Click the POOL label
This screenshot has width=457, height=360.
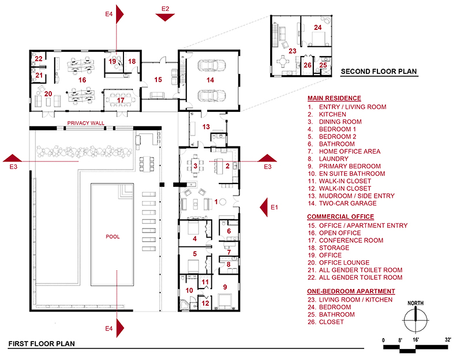click(x=113, y=237)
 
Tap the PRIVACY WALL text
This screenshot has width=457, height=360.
click(x=85, y=123)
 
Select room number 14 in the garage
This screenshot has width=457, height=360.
click(x=211, y=80)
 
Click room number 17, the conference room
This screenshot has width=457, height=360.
click(x=121, y=100)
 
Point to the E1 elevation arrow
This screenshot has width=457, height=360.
click(x=264, y=207)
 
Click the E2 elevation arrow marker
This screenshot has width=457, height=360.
click(x=165, y=17)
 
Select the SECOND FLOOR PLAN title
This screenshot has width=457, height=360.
click(x=379, y=72)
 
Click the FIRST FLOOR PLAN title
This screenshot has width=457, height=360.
click(x=42, y=344)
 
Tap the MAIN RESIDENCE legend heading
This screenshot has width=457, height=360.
click(x=334, y=98)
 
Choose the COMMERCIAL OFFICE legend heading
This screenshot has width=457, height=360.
click(x=340, y=216)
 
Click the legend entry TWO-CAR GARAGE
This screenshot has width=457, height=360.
click(x=348, y=203)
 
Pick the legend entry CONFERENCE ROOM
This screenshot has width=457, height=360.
click(x=351, y=240)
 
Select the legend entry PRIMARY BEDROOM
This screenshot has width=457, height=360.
click(x=350, y=166)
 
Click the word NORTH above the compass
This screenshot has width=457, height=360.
click(x=415, y=303)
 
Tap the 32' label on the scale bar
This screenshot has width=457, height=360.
click(x=448, y=340)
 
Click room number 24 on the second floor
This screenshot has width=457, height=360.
click(x=318, y=27)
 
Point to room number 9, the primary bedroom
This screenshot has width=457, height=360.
click(x=225, y=287)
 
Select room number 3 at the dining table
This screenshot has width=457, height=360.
click(x=195, y=166)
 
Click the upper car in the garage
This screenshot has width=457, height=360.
click(x=212, y=65)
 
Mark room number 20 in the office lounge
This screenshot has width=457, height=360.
click(x=48, y=94)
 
